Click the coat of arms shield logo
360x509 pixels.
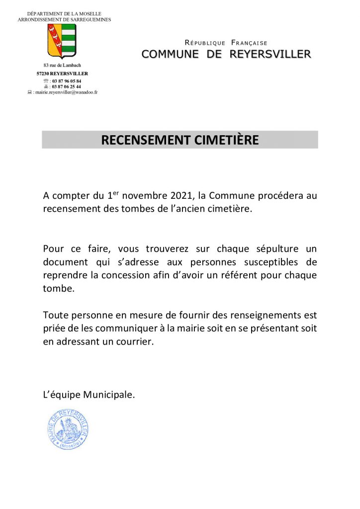tap(62, 41)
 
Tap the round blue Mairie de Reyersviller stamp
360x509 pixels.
tap(68, 430)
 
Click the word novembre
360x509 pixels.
tap(147, 196)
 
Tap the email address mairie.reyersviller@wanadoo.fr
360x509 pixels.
tap(65, 92)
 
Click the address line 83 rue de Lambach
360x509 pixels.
tap(62, 66)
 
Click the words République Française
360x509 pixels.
tap(226, 43)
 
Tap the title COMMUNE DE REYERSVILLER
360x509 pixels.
tap(226, 54)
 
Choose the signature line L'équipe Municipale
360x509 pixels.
tap(89, 395)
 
